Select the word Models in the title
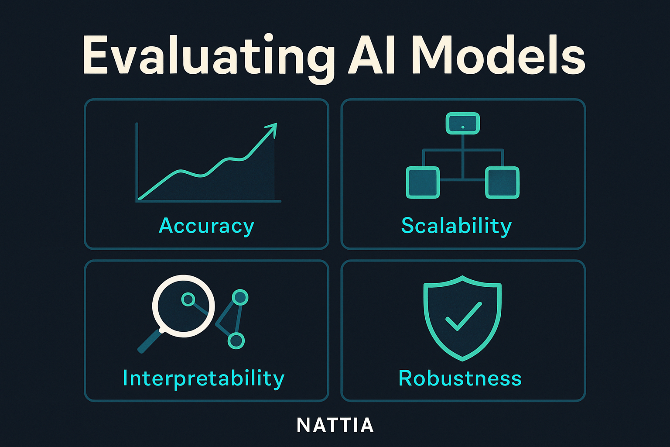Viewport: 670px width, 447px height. pos(499,55)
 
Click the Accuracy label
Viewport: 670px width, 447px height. pos(206,226)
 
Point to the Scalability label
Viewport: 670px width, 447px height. pos(456,226)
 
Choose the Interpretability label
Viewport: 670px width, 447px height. pos(203,379)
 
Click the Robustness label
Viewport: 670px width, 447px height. pos(460,378)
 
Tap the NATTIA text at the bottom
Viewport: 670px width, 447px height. pos(335,425)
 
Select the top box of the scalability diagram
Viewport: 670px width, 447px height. pos(463,123)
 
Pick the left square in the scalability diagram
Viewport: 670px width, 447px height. pos(423,182)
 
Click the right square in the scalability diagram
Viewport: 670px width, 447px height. pos(502,182)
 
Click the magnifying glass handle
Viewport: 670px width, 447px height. pos(150,341)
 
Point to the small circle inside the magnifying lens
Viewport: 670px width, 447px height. pos(188,299)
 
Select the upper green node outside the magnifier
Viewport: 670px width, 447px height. pos(240,297)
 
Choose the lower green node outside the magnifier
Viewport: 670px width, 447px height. pos(236,341)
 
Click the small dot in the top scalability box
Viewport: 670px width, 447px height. pos(463,127)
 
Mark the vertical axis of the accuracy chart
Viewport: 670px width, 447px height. pos(137,162)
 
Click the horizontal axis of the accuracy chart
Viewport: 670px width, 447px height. pos(209,201)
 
